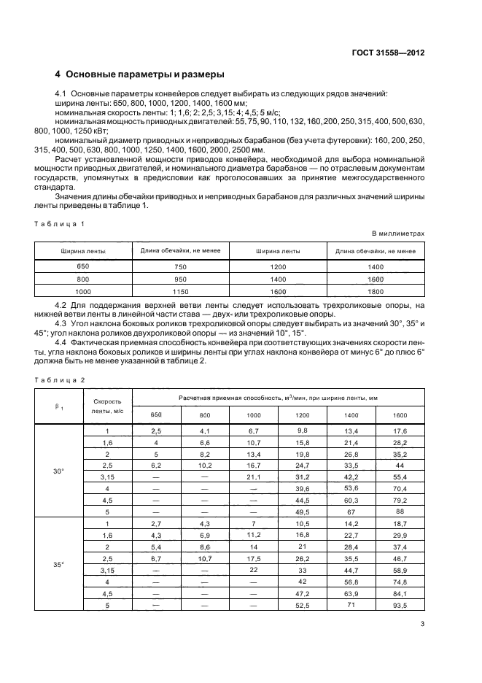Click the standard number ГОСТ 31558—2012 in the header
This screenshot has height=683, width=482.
[387, 53]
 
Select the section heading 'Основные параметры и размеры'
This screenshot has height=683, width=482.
[140, 74]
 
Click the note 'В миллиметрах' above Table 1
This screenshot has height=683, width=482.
[398, 234]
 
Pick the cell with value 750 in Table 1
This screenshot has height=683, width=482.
[180, 268]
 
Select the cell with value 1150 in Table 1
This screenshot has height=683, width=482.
[180, 291]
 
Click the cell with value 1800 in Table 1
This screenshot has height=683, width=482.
[376, 291]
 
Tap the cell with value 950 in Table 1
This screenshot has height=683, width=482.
[180, 279]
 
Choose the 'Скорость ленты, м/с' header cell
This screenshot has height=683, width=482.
[106, 406]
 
